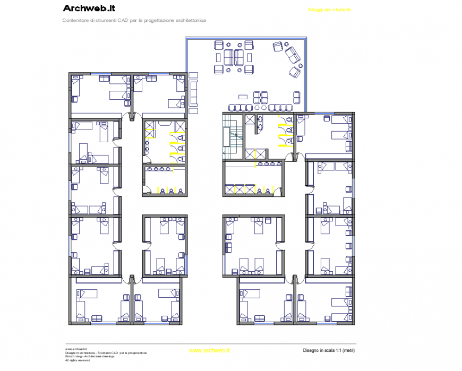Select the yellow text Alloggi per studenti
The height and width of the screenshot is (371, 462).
[x=329, y=10]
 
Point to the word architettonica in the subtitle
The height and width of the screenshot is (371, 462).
[x=189, y=20]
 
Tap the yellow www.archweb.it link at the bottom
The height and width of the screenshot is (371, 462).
[x=209, y=350]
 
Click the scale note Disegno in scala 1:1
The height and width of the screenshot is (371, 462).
[x=328, y=350]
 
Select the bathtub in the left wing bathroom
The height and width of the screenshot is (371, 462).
[x=165, y=123]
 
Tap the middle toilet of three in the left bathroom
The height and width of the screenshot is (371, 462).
[x=181, y=148]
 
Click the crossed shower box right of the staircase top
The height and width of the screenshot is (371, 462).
[x=250, y=120]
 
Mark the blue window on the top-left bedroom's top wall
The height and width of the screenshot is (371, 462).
[x=101, y=73]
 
